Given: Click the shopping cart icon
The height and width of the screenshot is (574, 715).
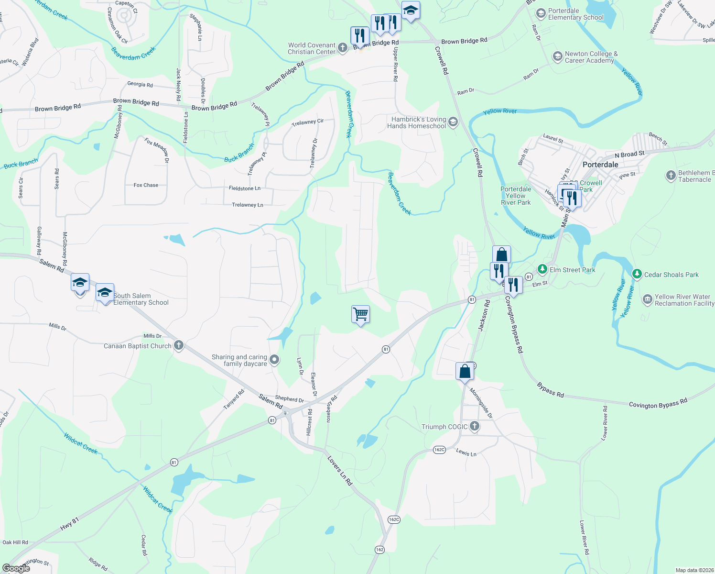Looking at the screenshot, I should pos(360,314).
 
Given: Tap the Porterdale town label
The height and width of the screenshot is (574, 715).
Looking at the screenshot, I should pos(600,165).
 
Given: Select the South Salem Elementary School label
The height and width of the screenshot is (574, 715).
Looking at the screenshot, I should pos(141,299).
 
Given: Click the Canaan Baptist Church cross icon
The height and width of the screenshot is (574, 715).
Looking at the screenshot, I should pos(179,345).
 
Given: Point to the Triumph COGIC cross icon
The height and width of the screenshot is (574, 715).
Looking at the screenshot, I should pos(474,426).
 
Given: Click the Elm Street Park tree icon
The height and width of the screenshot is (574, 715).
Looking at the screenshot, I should pos(542,269).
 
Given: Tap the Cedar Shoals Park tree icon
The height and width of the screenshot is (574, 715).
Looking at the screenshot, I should pos(637,274).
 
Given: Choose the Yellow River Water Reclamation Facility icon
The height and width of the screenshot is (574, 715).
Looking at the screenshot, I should pos(647,299).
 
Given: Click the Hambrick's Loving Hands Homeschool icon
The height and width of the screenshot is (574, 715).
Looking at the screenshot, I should pos(453,122).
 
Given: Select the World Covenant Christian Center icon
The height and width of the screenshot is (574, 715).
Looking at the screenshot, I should pos(342,47).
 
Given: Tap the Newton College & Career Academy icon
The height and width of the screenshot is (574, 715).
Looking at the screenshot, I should pos(557,56).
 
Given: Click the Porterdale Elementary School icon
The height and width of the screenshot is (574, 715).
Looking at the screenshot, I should pos(541,13).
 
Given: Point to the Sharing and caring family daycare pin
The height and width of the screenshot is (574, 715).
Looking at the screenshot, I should pos(274,360).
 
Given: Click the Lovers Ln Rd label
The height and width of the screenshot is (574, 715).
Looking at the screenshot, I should pos(339,471).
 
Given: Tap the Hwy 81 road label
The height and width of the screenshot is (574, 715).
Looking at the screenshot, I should pos(70,524).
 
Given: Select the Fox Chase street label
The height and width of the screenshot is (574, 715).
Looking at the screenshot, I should pos(146,185).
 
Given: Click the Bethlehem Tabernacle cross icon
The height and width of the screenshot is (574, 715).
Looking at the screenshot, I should pos(671,176).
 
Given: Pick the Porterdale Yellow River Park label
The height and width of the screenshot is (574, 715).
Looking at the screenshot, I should pos(516,196).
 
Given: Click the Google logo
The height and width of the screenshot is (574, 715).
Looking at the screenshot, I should pos(16,568).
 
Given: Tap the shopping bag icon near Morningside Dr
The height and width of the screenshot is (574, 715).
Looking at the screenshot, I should pos(465,372).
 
